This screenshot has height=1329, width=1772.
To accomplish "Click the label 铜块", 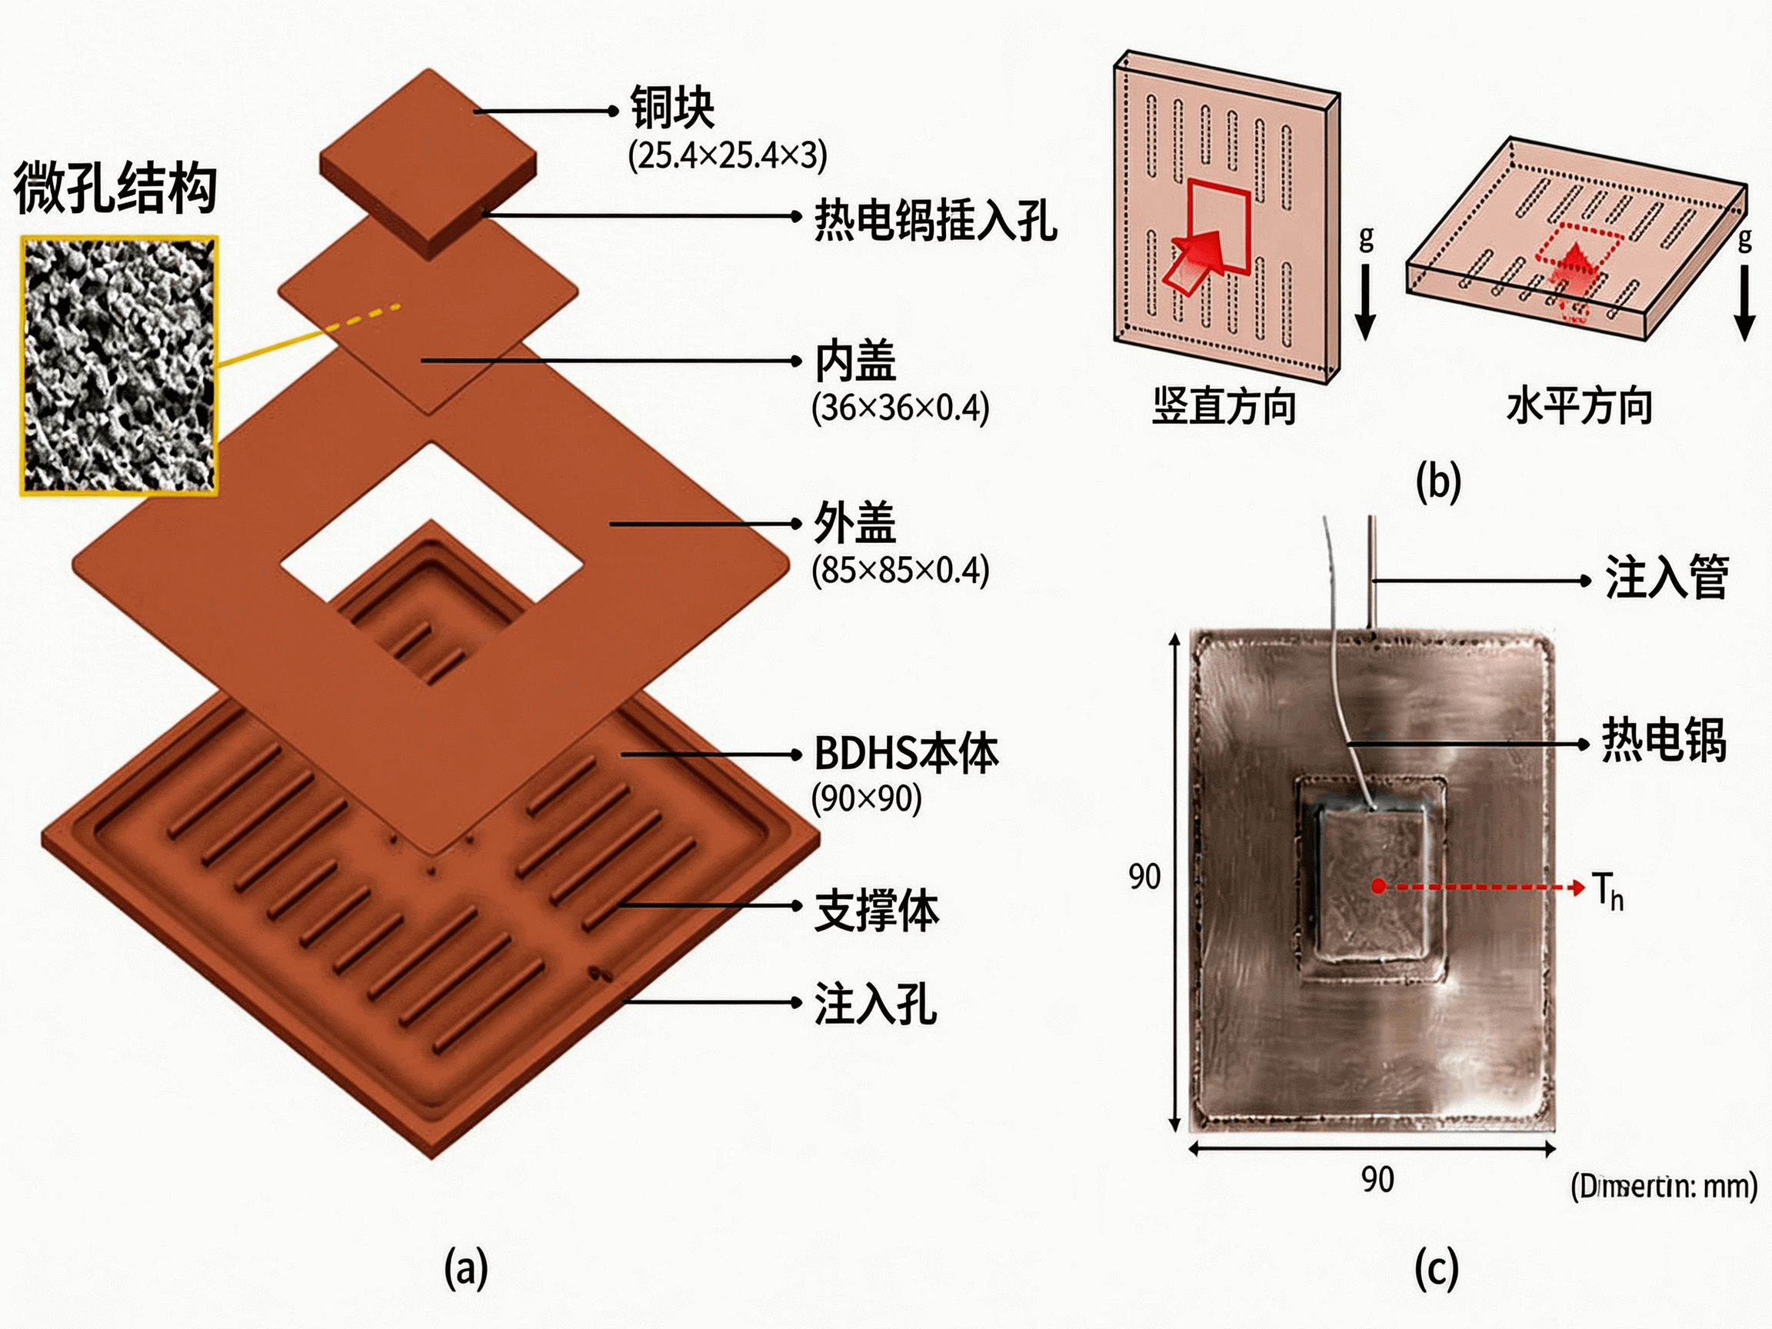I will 671,108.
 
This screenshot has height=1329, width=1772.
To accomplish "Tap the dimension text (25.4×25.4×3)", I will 727,155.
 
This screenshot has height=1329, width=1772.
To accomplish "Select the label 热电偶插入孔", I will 935,219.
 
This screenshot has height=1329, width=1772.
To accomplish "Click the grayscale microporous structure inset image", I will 118,365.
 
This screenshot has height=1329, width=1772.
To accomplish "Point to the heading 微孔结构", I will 115,188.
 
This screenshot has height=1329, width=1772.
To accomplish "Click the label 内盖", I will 854,361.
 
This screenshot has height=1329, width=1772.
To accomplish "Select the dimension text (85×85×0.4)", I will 900,571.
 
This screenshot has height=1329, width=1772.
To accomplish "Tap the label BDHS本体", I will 906,754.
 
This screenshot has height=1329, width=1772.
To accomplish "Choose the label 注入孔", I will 875,1004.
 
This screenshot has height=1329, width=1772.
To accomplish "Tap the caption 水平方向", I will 1579,405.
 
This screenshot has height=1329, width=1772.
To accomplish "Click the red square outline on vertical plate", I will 1217,227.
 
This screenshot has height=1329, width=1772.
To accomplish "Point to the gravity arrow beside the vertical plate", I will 1365,301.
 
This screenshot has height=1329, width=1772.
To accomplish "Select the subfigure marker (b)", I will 1438,481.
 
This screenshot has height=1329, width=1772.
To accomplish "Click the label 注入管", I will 1665,577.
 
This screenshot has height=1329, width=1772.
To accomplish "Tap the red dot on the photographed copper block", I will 1378,886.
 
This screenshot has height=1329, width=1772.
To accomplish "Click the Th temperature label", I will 1607,891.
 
